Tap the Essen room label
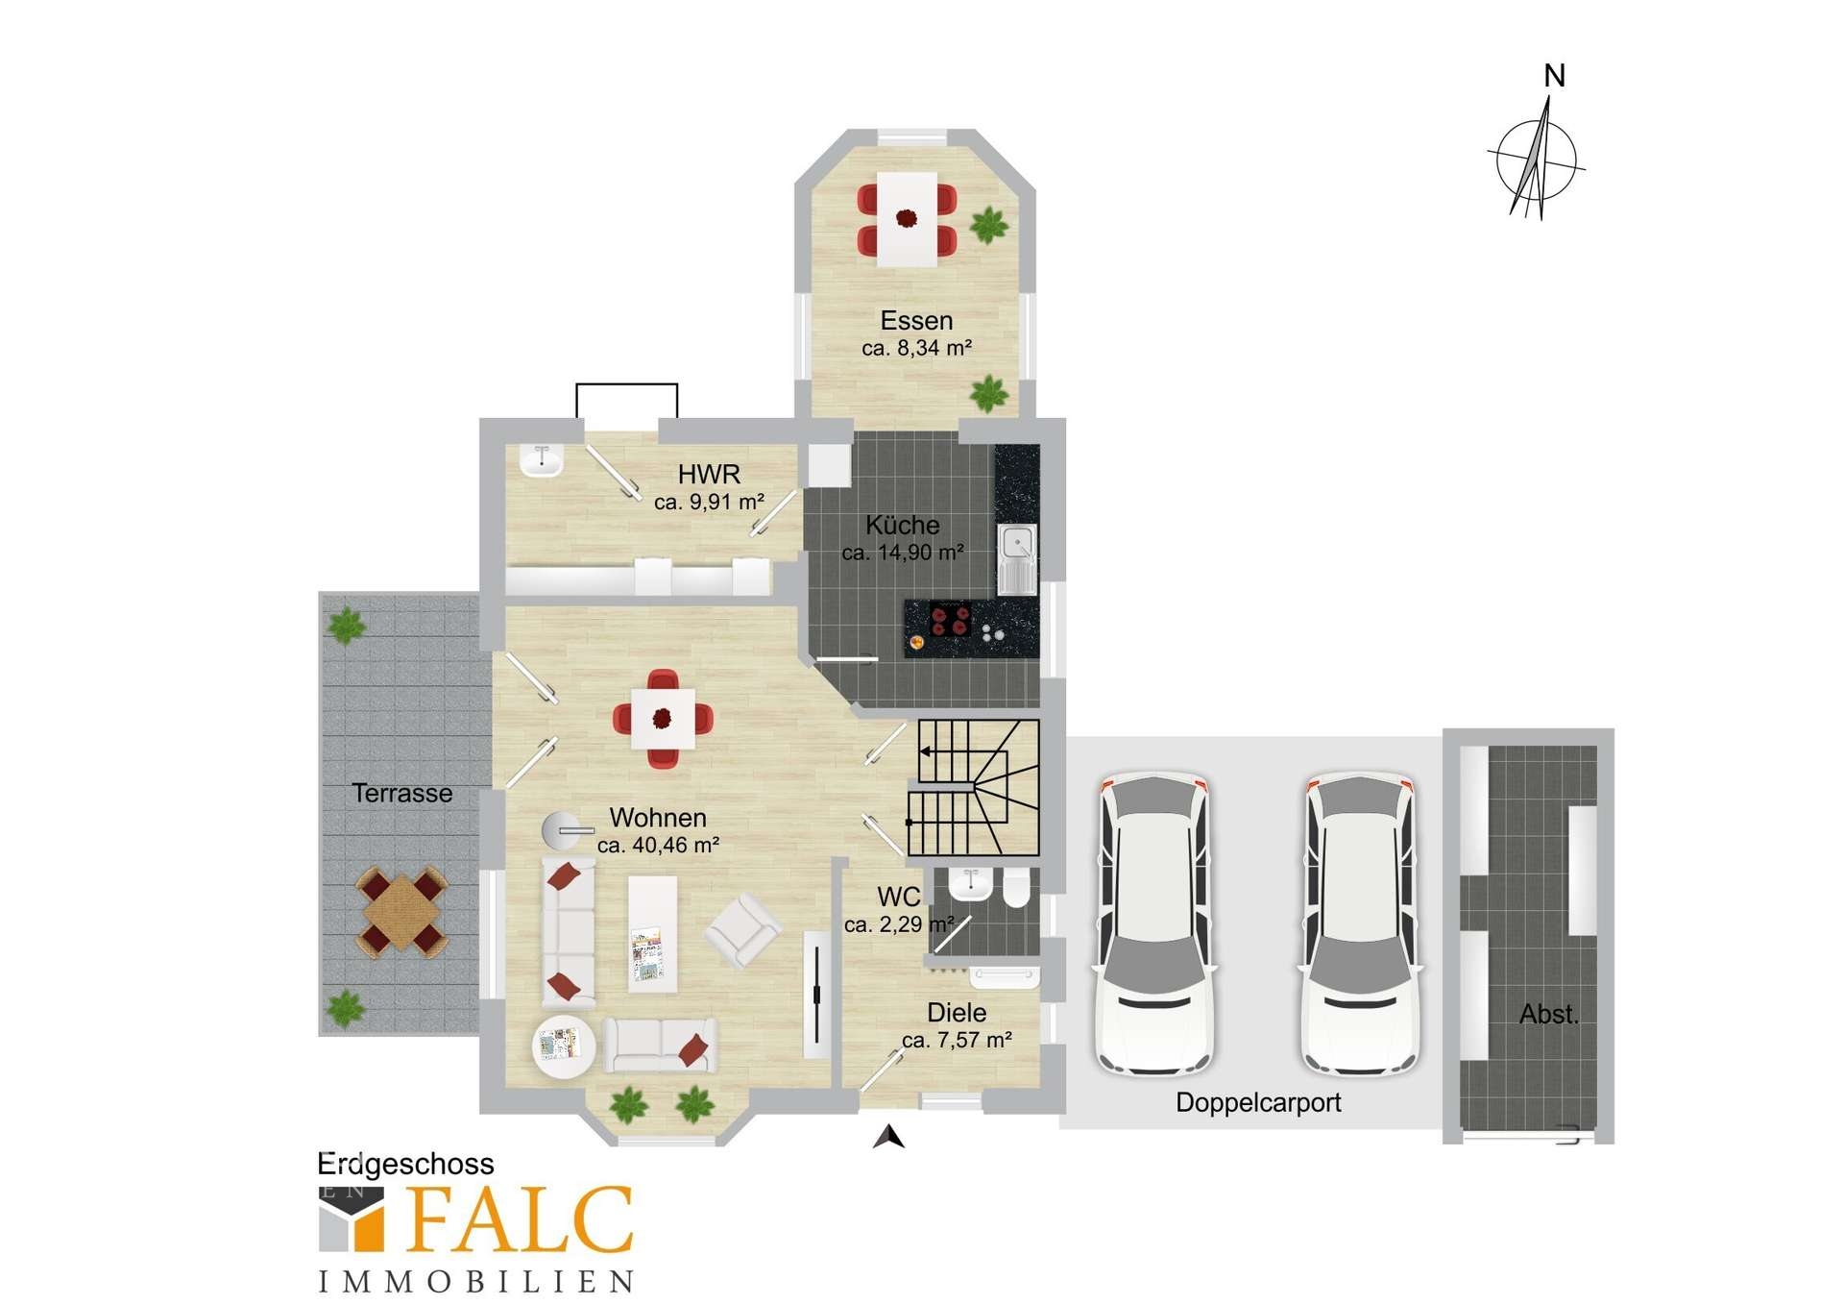916,321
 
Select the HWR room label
709,474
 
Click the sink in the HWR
541,460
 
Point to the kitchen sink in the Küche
1015,558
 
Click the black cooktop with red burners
950,620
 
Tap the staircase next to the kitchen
974,787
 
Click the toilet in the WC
1015,889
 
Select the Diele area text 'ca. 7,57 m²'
957,1040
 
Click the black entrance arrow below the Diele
889,1137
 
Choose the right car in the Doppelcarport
1360,923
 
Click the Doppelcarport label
1258,1102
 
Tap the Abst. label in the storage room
1548,1014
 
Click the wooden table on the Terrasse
402,909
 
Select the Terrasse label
402,793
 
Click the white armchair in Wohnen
743,929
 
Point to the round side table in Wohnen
564,1046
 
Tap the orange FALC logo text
520,1219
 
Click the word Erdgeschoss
405,1165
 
